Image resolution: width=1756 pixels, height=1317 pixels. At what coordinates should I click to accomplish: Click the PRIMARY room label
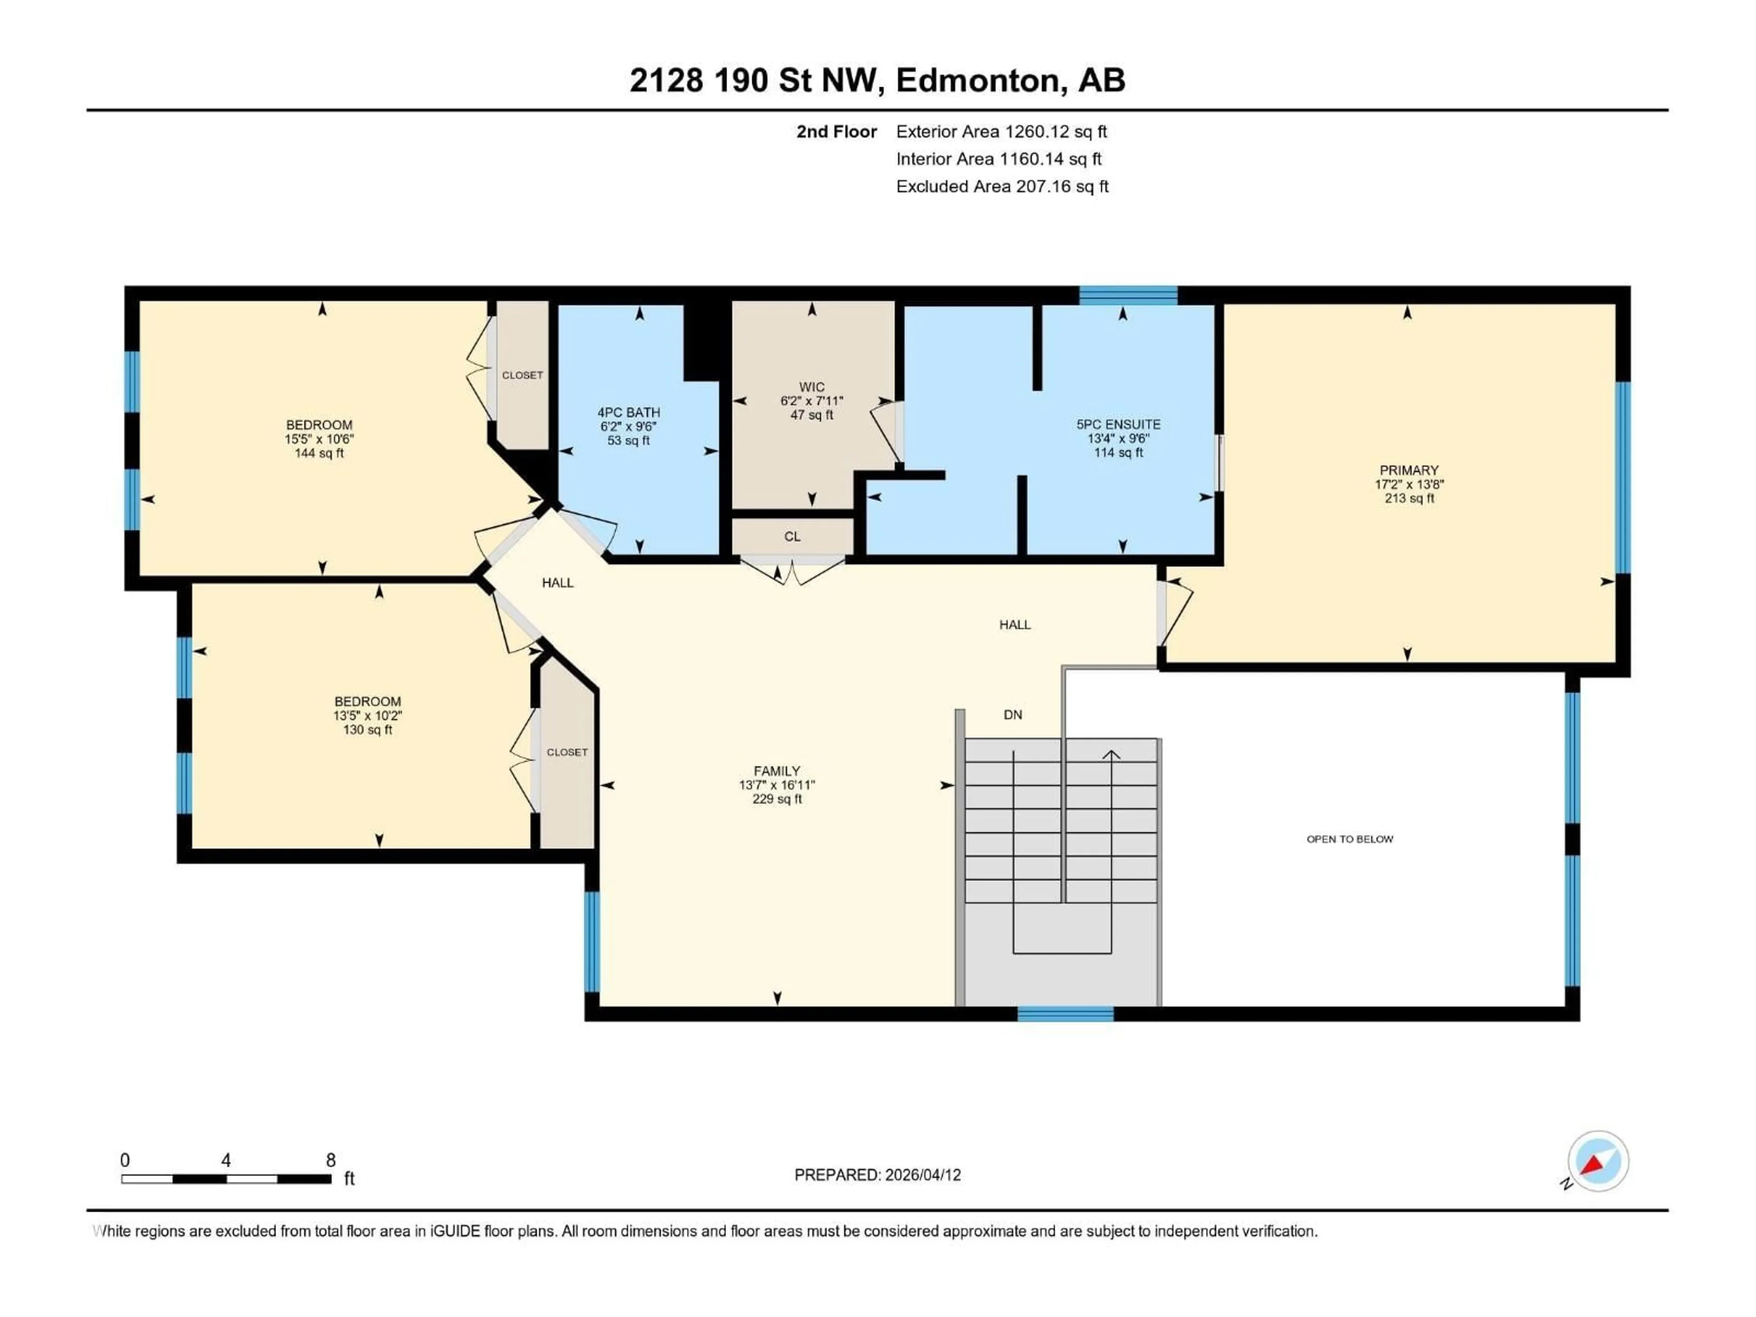tap(1408, 470)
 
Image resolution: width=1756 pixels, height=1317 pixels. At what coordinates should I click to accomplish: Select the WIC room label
tap(811, 387)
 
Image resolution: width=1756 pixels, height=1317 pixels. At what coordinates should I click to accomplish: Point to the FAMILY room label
tap(776, 771)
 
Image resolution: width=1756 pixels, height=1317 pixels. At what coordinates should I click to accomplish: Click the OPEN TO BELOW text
tap(1349, 839)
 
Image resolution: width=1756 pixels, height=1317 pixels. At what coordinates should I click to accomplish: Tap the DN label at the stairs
tap(1012, 715)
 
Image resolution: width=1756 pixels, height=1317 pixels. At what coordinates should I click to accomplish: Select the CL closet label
tap(792, 537)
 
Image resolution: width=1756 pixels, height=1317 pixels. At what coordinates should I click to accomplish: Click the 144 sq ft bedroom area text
tap(319, 453)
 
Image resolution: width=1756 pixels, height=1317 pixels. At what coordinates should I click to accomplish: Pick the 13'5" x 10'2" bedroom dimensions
tap(368, 715)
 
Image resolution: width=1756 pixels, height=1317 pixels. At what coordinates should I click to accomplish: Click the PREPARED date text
tap(877, 1175)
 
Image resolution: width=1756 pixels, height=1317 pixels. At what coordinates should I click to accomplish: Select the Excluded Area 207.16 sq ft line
tap(1002, 187)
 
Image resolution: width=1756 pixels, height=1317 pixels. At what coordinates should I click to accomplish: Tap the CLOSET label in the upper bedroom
tap(522, 375)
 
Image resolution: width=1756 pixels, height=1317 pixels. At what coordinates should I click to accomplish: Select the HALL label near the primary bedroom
tap(1015, 625)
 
